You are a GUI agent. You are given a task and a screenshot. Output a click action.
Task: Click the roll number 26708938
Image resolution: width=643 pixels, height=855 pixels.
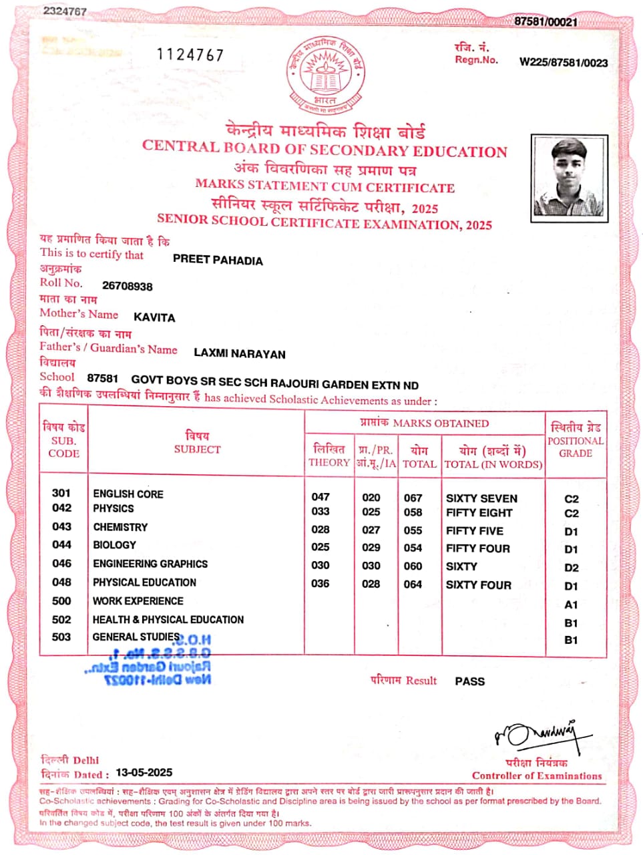pos(127,286)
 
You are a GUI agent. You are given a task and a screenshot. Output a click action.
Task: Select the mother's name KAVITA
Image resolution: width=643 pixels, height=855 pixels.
pos(154,317)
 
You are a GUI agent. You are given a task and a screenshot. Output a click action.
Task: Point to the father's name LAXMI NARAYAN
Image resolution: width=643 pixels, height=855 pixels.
pos(240,353)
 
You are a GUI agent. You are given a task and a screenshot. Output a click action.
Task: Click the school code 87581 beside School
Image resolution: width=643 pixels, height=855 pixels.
pos(103,379)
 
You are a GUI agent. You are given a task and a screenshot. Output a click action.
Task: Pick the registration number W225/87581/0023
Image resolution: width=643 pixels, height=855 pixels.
pos(564,62)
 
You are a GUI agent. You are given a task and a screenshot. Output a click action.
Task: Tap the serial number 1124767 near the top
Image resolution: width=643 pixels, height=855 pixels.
pos(190,55)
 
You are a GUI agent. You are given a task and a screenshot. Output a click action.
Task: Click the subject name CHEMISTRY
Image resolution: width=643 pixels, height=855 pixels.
pos(120,527)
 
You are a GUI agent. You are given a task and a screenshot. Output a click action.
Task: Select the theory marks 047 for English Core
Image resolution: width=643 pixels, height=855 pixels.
pos(320,496)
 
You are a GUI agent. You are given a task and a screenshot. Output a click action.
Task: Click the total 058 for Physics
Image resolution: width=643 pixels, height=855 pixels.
pos(413,512)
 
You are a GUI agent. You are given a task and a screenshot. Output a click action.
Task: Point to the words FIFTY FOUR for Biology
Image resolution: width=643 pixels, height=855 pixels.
pos(477,548)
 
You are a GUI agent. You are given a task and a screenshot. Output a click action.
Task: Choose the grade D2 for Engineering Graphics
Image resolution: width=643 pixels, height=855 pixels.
pos(571,568)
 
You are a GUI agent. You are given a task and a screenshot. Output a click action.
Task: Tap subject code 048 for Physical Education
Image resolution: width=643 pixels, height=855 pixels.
pos(61,582)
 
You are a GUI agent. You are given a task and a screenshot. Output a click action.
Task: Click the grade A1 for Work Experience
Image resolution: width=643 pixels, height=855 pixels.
pos(571,605)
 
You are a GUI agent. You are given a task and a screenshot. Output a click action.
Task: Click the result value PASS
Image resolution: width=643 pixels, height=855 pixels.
pos(469,681)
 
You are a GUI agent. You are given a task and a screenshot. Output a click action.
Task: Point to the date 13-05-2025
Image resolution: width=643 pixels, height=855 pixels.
pos(144,772)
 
